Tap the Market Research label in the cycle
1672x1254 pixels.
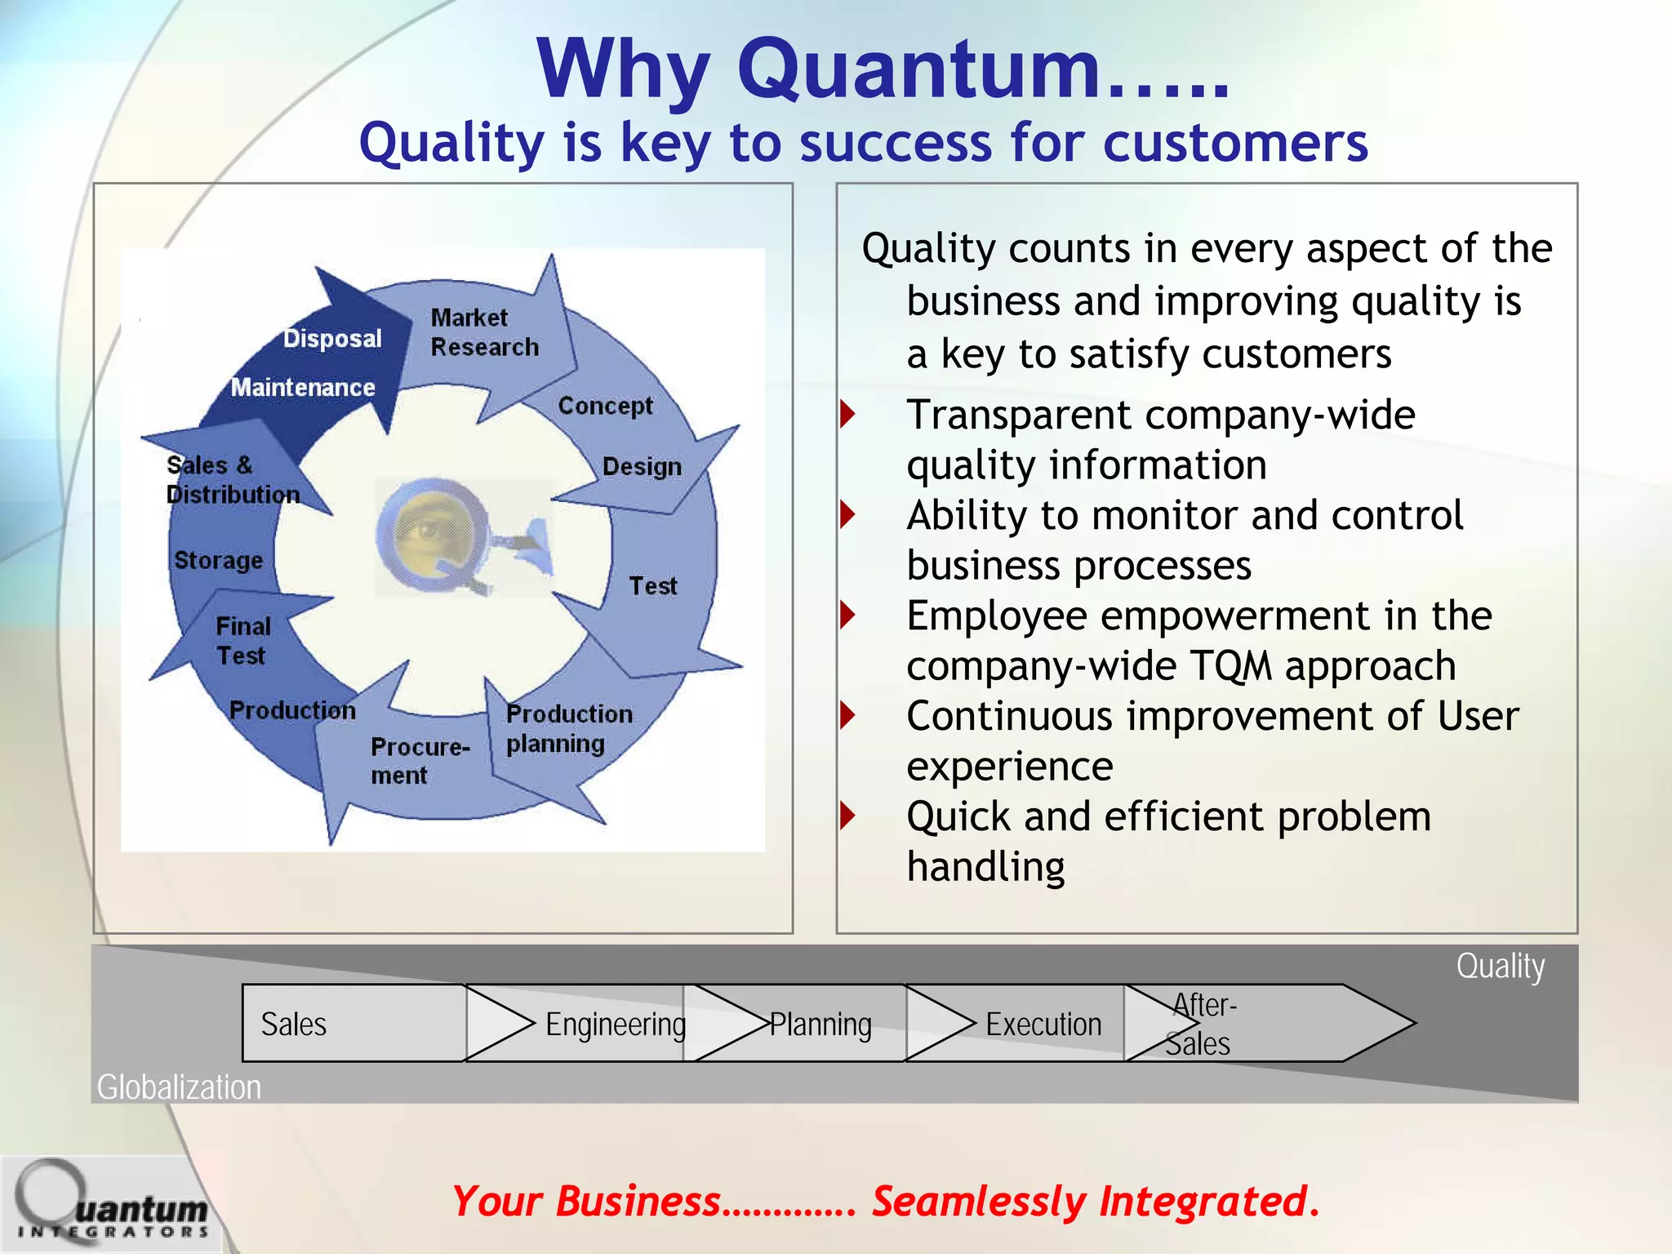(483, 332)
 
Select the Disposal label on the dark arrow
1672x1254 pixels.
(332, 338)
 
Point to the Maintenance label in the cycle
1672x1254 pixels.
(302, 387)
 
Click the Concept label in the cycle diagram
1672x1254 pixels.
(605, 406)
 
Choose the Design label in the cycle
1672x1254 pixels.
(642, 467)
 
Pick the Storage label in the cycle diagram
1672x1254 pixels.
(218, 560)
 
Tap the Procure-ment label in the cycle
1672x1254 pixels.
(419, 761)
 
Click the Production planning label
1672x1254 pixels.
(568, 728)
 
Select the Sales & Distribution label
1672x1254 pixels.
(232, 480)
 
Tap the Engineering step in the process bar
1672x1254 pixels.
(615, 1024)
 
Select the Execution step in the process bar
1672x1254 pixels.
(1043, 1024)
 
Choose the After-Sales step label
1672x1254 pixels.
(1200, 1024)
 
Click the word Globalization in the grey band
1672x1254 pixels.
(179, 1087)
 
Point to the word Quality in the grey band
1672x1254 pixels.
(1500, 966)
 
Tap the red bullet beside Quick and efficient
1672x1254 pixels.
(848, 815)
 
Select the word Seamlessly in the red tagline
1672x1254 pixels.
(978, 1202)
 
